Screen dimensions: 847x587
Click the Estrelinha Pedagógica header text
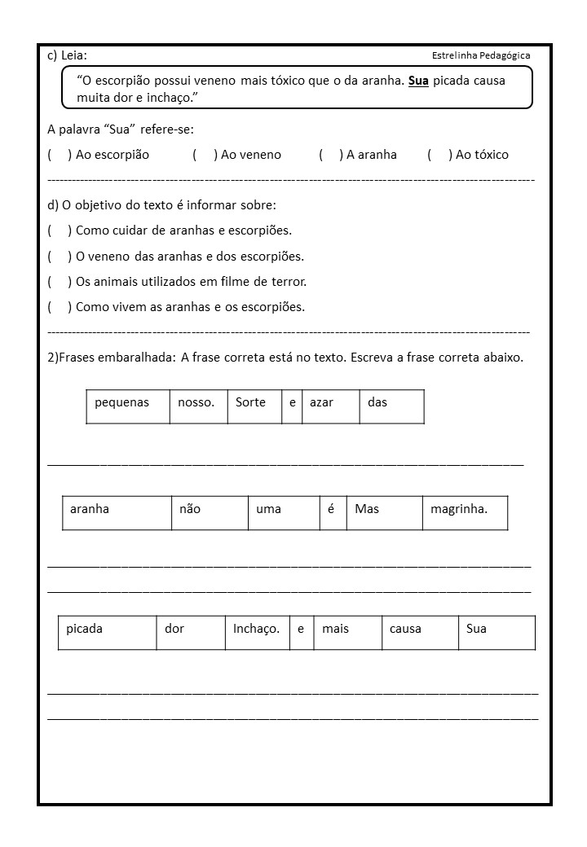click(481, 55)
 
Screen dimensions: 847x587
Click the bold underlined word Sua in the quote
click(418, 81)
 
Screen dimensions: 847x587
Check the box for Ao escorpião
click(58, 155)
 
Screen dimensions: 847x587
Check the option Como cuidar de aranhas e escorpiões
click(58, 230)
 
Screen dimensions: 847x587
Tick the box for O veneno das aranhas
click(58, 257)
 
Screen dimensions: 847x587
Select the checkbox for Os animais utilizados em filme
click(58, 282)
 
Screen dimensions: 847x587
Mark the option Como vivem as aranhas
click(58, 307)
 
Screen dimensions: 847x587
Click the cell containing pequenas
click(128, 406)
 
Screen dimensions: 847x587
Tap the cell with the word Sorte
click(254, 406)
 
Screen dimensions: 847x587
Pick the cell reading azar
click(330, 406)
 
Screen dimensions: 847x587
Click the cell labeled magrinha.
click(465, 512)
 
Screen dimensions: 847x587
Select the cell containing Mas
click(384, 512)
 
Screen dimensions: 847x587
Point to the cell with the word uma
click(283, 512)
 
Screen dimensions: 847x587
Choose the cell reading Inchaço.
click(257, 632)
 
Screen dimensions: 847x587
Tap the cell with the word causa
click(420, 632)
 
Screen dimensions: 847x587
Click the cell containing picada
click(107, 632)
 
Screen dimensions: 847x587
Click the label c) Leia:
click(67, 55)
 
